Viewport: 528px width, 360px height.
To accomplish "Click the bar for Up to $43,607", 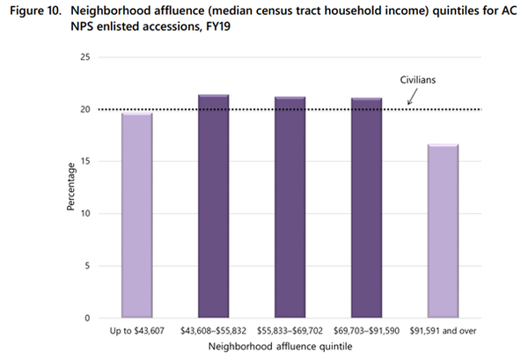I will pyautogui.click(x=137, y=216).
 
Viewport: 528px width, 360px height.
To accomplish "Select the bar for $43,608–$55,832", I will pyautogui.click(x=214, y=207).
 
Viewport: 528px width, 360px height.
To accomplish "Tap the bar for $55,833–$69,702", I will pyautogui.click(x=290, y=208).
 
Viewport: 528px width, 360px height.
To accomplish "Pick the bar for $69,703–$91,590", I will pyautogui.click(x=367, y=209).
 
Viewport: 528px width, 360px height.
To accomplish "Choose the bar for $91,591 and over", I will pyautogui.click(x=444, y=231).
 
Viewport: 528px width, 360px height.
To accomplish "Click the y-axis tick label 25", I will pyautogui.click(x=84, y=57).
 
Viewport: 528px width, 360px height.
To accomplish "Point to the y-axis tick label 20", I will pyautogui.click(x=84, y=109).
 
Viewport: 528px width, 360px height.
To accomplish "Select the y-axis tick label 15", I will pyautogui.click(x=84, y=161).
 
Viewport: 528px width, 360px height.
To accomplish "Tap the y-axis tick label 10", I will pyautogui.click(x=84, y=213).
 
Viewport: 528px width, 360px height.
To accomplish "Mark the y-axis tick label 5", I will pyautogui.click(x=87, y=266).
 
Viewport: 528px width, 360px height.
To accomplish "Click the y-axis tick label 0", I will pyautogui.click(x=87, y=318).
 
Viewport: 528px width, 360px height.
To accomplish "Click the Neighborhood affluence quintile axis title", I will pyautogui.click(x=290, y=349).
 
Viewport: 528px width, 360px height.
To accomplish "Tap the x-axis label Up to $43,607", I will pyautogui.click(x=137, y=332).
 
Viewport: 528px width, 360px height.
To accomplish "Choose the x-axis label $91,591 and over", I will pyautogui.click(x=444, y=332).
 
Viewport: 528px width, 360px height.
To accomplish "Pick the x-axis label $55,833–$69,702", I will pyautogui.click(x=290, y=332).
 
